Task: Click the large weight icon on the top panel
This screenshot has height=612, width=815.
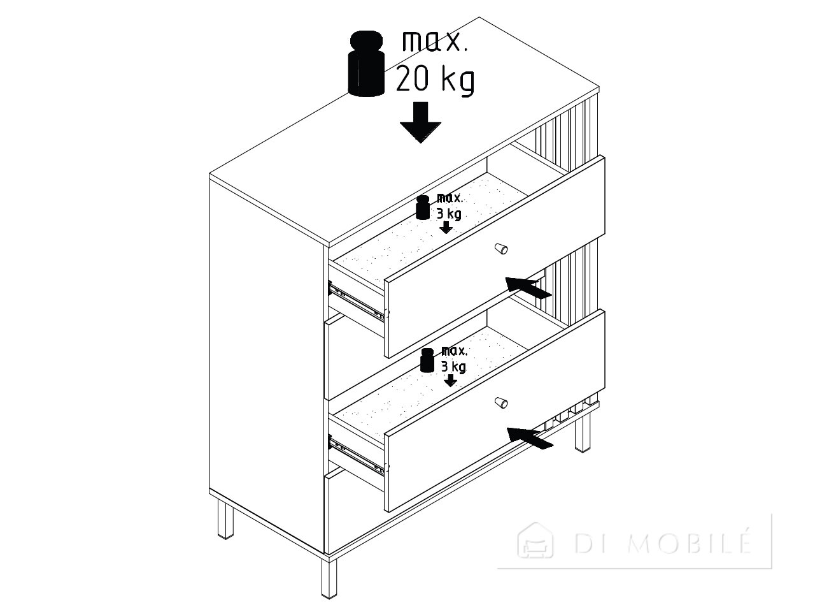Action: click(x=366, y=64)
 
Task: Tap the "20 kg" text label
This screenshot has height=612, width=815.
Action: click(x=435, y=80)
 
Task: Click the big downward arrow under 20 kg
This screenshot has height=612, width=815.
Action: click(x=420, y=122)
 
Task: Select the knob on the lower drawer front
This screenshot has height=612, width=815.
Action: click(x=501, y=402)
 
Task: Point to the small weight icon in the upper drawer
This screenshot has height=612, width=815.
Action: click(x=423, y=207)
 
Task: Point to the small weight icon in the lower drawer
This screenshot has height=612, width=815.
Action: click(x=427, y=360)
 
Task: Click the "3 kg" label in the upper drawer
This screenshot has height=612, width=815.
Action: click(x=449, y=214)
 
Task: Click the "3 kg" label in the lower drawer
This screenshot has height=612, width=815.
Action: click(x=453, y=367)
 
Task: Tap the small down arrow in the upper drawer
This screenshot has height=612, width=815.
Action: click(x=446, y=228)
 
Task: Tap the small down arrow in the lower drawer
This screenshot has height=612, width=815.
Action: click(x=450, y=380)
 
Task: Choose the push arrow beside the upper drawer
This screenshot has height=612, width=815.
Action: click(x=528, y=288)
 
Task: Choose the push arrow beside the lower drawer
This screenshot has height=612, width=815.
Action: click(x=530, y=438)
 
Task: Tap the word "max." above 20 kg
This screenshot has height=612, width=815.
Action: click(x=435, y=41)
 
